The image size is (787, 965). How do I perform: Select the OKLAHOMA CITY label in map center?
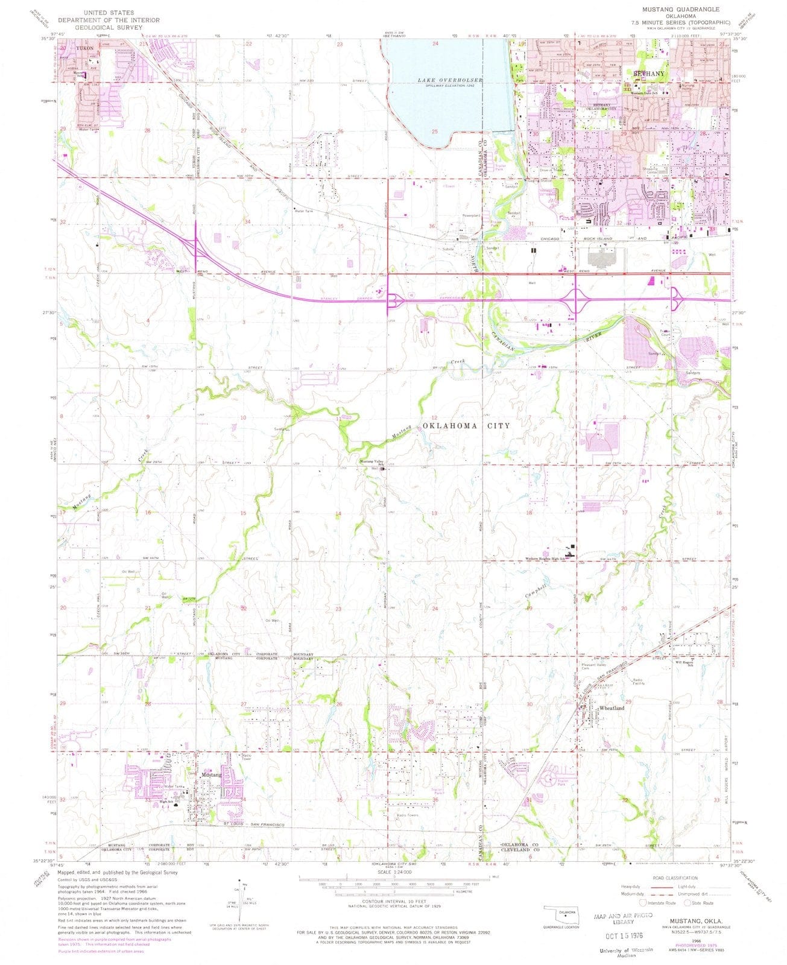coord(466,426)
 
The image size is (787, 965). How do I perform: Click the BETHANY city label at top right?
coord(649,74)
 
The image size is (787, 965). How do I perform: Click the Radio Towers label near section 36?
coord(407,815)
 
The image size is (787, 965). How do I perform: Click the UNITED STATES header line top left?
coord(101,11)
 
